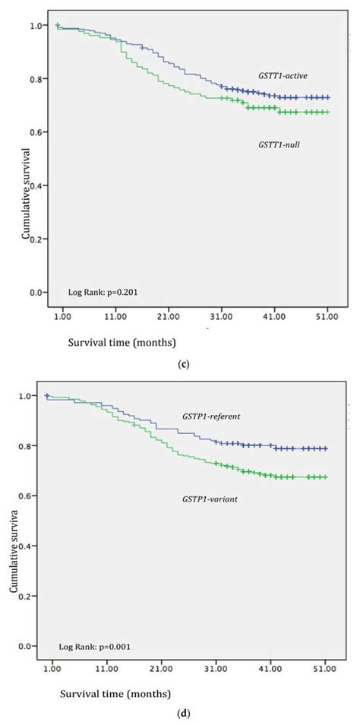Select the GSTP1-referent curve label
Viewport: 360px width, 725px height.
pos(210,417)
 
